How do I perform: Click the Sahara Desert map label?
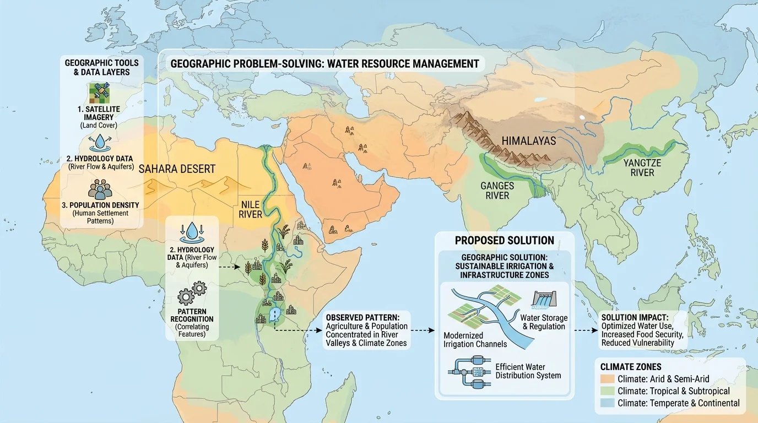coord(177,169)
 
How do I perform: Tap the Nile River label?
coord(250,209)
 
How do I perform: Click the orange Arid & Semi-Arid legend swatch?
coord(607,379)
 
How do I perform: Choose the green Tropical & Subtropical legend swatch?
coord(607,391)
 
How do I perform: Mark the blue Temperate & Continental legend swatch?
coord(607,403)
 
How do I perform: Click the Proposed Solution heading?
coord(504,241)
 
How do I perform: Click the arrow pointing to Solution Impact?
coord(586,331)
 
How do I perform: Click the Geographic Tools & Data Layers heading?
coord(101,68)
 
